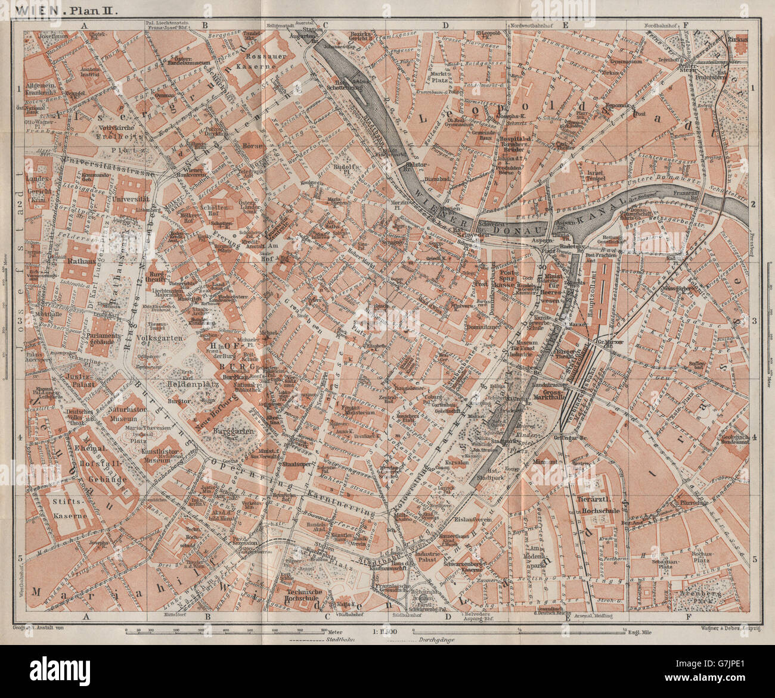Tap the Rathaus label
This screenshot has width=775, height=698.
(x=75, y=260)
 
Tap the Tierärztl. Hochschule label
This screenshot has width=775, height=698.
(x=600, y=506)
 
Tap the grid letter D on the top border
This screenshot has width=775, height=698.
(x=445, y=25)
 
